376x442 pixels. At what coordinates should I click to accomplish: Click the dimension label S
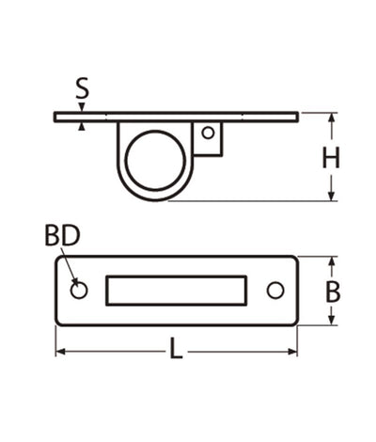(x=83, y=90)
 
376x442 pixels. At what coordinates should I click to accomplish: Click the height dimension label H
(x=330, y=158)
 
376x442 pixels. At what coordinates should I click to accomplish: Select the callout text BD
(x=62, y=236)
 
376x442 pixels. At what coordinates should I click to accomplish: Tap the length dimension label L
(x=177, y=352)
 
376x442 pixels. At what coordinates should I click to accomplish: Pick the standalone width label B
(x=332, y=292)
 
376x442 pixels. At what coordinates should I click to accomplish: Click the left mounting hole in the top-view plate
(x=79, y=291)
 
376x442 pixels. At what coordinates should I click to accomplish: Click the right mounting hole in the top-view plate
(x=274, y=291)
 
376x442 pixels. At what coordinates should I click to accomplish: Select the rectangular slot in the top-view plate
(x=177, y=291)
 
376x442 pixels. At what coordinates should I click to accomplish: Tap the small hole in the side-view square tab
(x=208, y=134)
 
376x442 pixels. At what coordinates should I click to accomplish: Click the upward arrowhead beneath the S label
(x=83, y=126)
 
